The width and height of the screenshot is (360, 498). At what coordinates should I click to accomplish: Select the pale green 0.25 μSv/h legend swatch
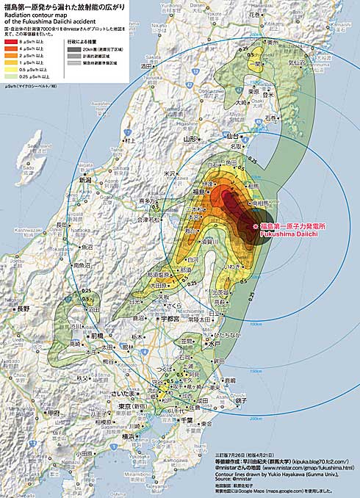click(12, 76)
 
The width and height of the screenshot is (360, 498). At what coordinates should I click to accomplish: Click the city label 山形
click(190, 139)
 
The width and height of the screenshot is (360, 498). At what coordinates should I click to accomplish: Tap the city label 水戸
click(215, 343)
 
